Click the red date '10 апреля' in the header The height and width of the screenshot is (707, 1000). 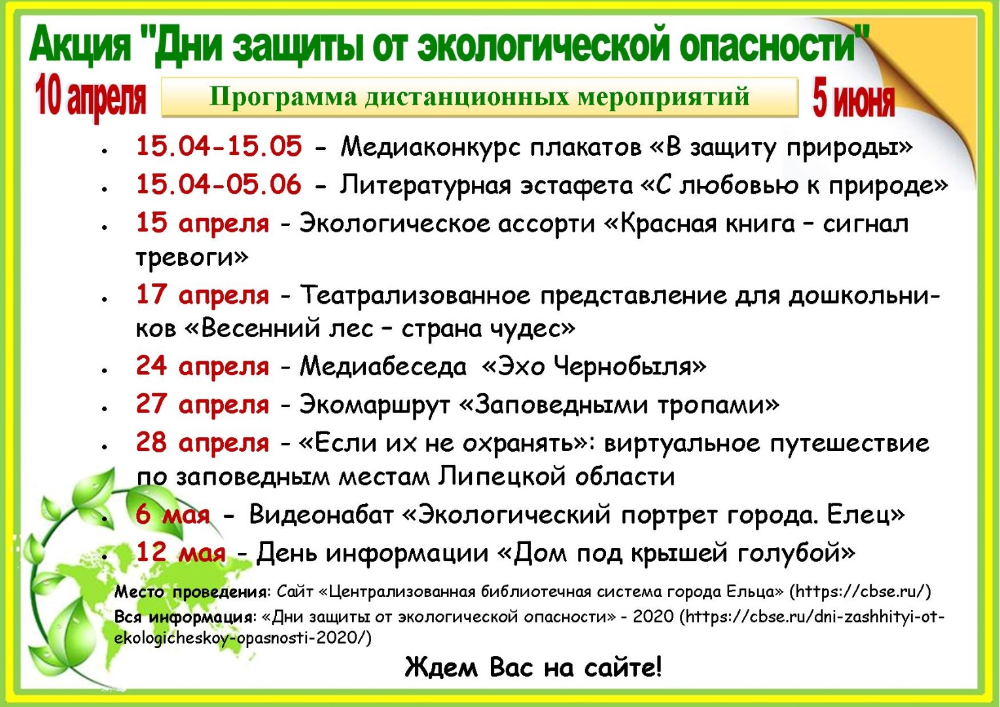pos(90,98)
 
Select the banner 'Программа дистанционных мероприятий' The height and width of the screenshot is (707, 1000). pos(479,97)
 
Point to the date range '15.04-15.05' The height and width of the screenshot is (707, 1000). pos(219,146)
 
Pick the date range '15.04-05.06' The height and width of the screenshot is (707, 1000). pos(219,184)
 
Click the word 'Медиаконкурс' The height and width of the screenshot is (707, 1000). pos(431,147)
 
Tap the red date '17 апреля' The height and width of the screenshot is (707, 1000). pos(203,295)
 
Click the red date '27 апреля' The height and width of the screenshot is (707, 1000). pos(203,405)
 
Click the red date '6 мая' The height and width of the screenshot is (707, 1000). pos(173,514)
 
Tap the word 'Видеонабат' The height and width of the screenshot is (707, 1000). pos(321,514)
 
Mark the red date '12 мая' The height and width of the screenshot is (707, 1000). pos(181,553)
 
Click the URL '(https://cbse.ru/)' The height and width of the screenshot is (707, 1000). pos(860,591)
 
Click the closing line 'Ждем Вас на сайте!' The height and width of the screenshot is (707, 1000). pos(533,668)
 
